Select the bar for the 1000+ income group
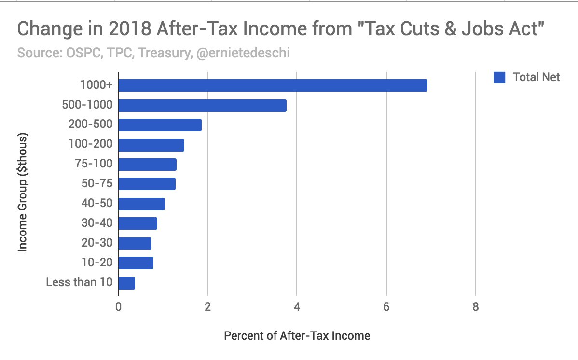pos(273,85)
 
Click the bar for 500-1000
pos(202,105)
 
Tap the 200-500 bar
pos(160,125)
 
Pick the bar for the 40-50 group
pos(141,204)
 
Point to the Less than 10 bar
pos(126,283)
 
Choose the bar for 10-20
pos(136,263)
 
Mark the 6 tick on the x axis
pos(386,307)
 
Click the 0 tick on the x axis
pos(118,307)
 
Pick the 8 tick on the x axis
pos(475,307)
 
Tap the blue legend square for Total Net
pos(499,78)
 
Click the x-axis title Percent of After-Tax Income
pos(297,335)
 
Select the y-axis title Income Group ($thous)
pos(22,193)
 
